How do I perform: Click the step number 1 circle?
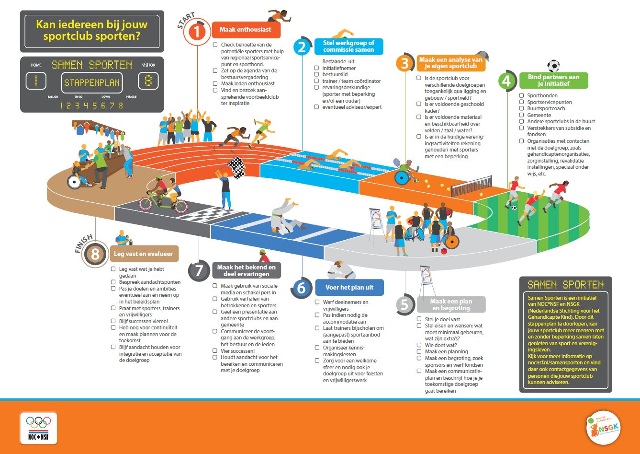[x=197, y=31]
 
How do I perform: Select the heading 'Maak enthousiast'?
[x=245, y=30]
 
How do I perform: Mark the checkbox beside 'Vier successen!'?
[x=215, y=351]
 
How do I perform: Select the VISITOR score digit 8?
[x=148, y=81]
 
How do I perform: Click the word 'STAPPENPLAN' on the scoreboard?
[x=92, y=82]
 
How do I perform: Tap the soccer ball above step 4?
[x=553, y=66]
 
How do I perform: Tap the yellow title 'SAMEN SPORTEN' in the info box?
[x=565, y=285]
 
